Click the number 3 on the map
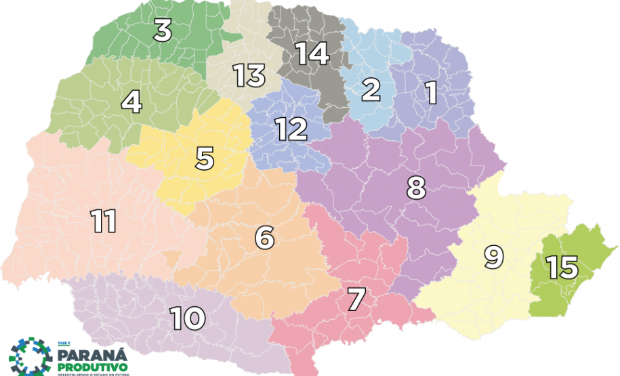[x=163, y=30]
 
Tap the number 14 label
[x=311, y=53]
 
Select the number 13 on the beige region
[x=249, y=75]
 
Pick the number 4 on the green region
[x=131, y=102]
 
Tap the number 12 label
[x=291, y=129]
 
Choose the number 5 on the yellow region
[x=205, y=159]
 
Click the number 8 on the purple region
[x=416, y=188]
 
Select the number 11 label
[x=104, y=221]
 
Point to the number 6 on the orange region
[x=264, y=238]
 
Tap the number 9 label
[x=494, y=257]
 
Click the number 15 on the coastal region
[x=563, y=268]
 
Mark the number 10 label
[x=188, y=317]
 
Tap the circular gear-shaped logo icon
[x=30, y=356]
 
